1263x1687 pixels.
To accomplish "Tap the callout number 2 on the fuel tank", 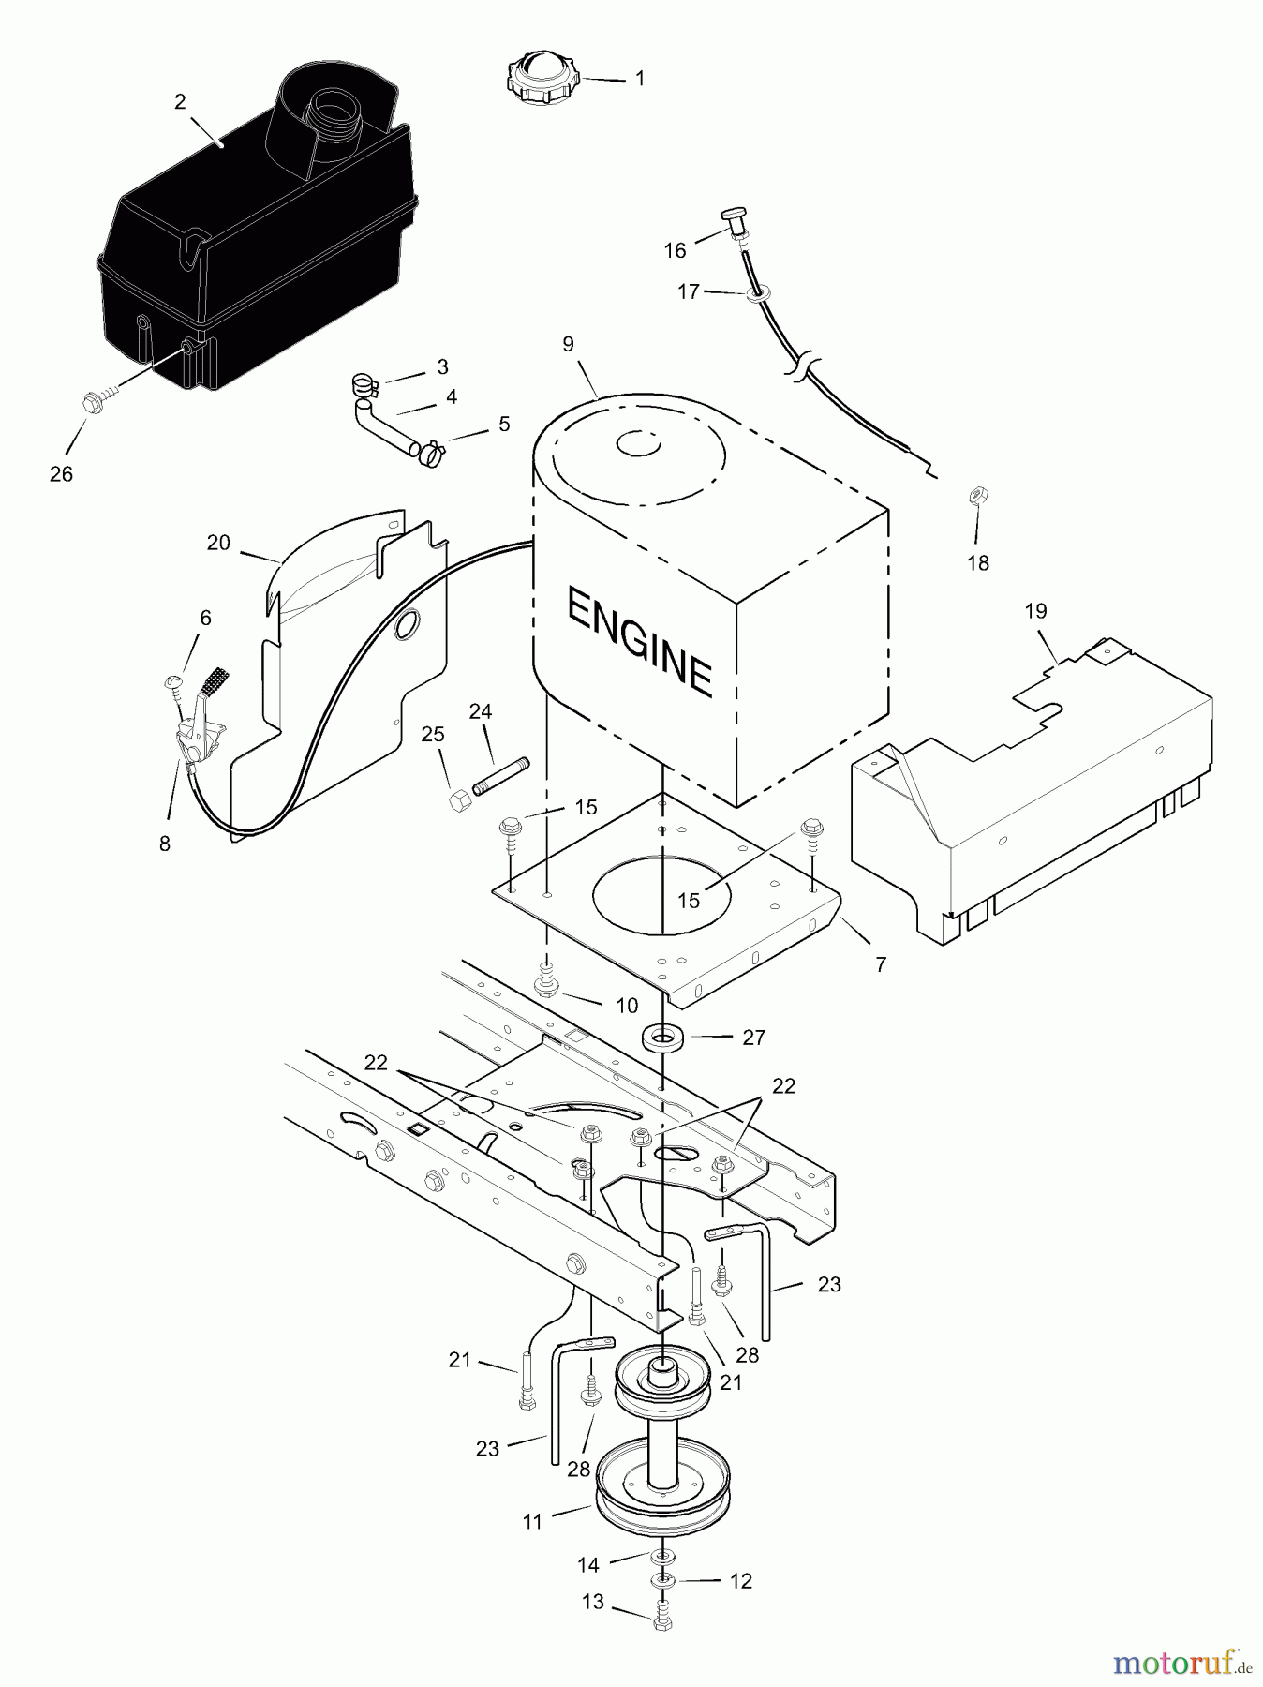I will (x=180, y=102).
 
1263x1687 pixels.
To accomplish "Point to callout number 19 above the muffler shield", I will (x=1035, y=611).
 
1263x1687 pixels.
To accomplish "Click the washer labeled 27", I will (x=662, y=1038).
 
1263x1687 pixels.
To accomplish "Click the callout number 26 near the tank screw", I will (x=61, y=474).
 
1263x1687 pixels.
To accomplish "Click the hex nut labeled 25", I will (x=459, y=801).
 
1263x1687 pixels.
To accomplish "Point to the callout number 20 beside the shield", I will (x=218, y=543).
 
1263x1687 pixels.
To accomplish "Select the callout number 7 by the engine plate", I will (x=881, y=963).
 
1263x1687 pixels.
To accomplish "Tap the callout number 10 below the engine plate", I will (x=627, y=1006).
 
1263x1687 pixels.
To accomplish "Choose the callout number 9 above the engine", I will (x=568, y=344).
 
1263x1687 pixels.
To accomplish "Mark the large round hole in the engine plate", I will (x=661, y=894).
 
